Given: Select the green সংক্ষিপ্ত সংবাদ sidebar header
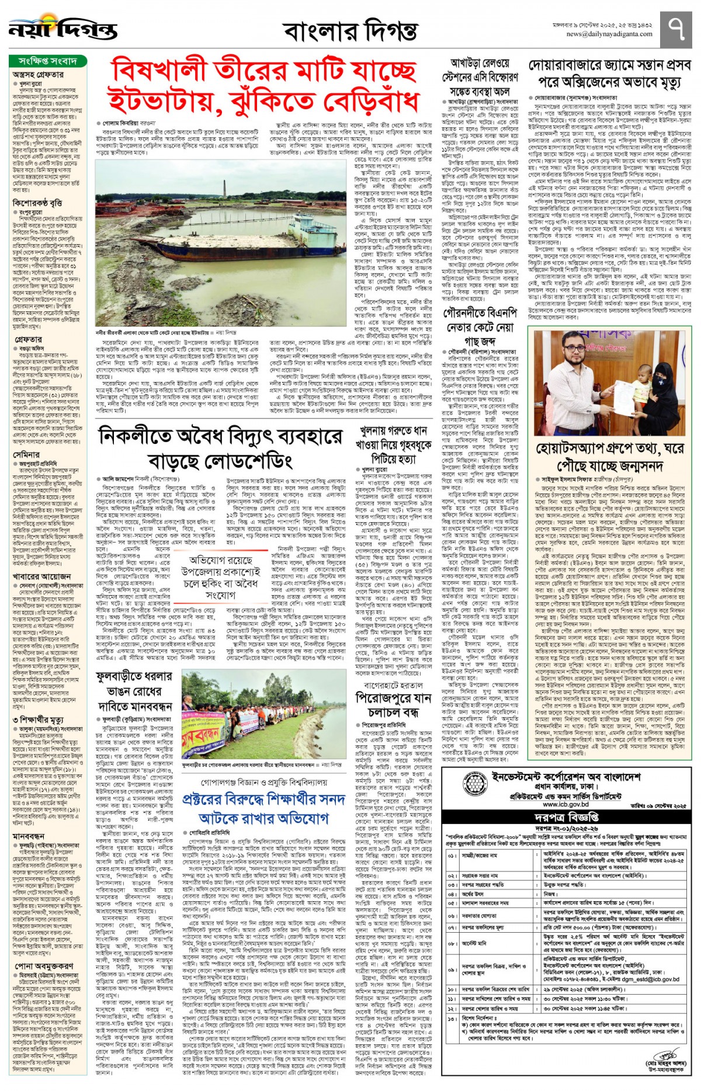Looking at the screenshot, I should pyautogui.click(x=47, y=61).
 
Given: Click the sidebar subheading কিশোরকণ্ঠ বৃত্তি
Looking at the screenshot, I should pyautogui.click(x=37, y=203).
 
